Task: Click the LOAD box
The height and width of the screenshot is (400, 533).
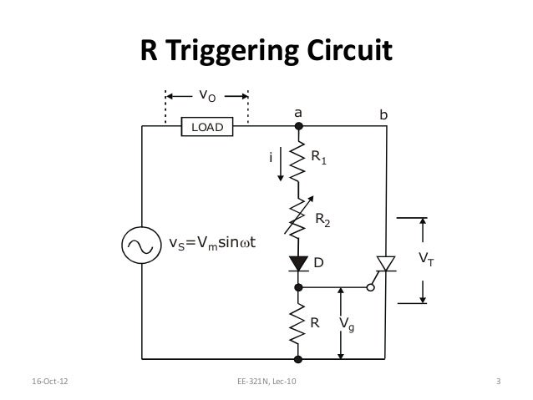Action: click(x=207, y=126)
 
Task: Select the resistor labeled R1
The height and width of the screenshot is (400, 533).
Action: click(x=298, y=162)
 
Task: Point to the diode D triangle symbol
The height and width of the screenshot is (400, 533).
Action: click(x=298, y=264)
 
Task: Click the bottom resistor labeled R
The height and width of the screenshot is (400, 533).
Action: click(x=298, y=322)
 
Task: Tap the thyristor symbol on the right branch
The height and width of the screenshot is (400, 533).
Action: click(x=386, y=264)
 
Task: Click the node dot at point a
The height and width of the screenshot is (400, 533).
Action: click(x=298, y=126)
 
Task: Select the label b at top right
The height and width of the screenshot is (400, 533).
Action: click(x=383, y=111)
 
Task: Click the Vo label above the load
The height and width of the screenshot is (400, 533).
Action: click(x=206, y=95)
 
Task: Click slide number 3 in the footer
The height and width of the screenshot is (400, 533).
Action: click(x=498, y=383)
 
